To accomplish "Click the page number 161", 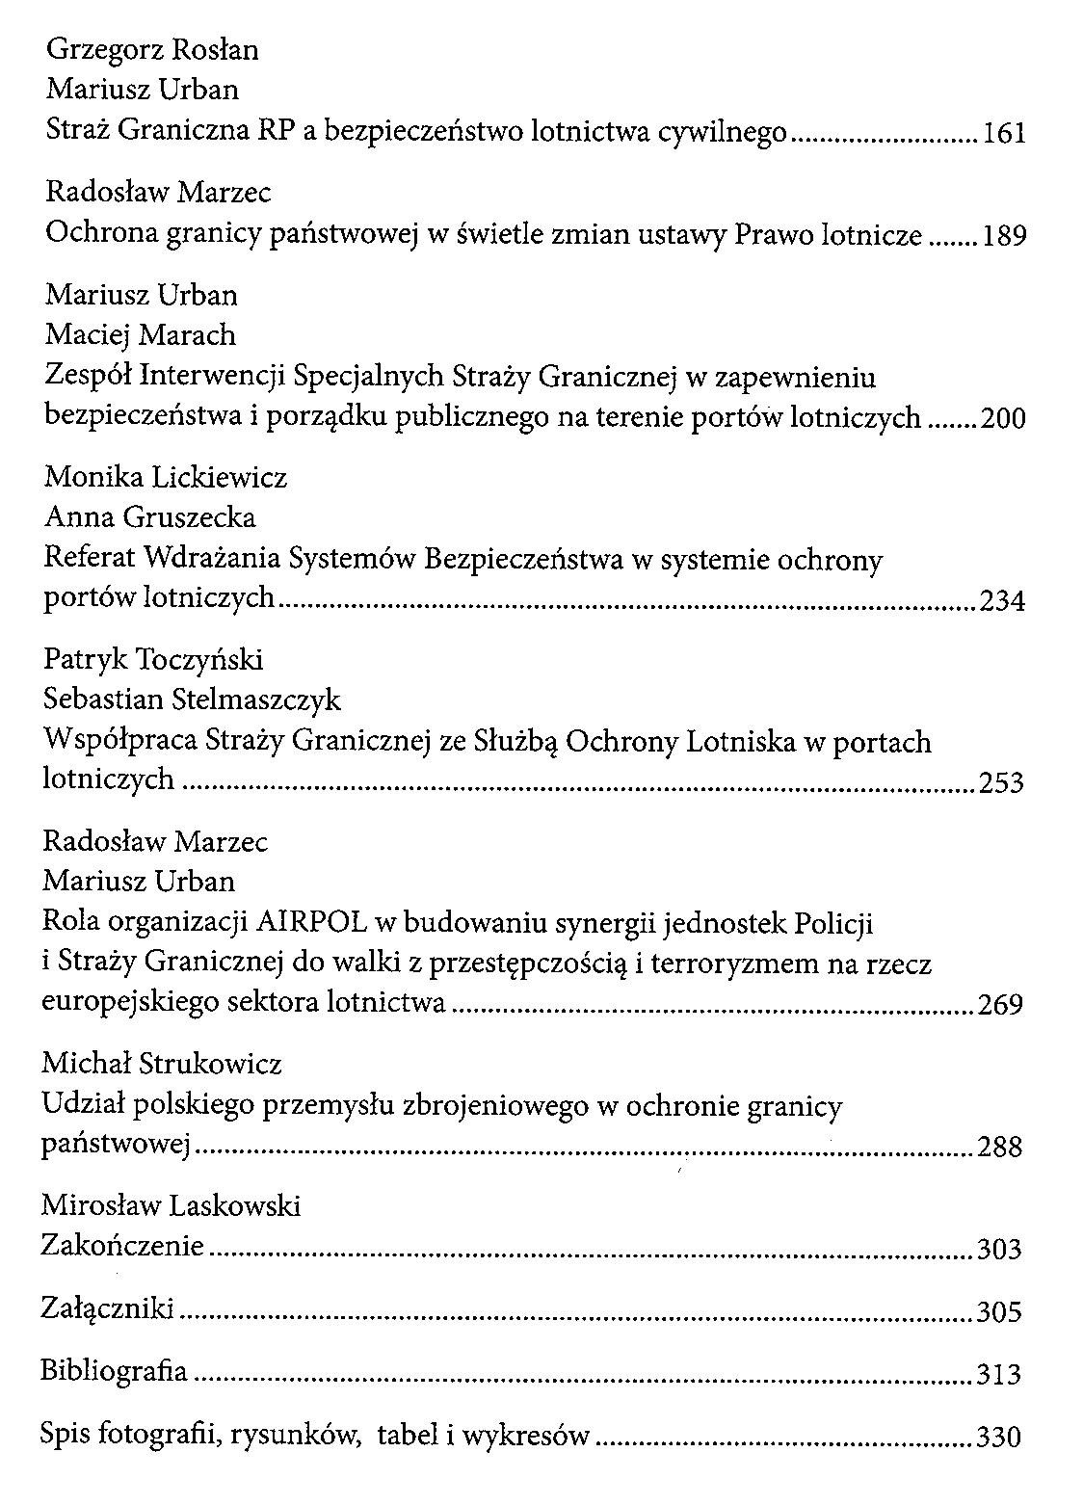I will click(1005, 133).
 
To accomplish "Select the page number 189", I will click(1005, 235).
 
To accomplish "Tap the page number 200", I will click(1004, 419).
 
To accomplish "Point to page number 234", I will click(1003, 602).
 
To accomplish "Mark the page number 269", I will click(1000, 1006).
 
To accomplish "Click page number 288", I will click(1000, 1148).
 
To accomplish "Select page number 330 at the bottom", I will click(998, 1438).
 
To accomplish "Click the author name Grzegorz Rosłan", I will click(152, 49).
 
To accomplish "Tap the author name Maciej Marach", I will click(141, 335).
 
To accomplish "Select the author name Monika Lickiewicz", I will click(166, 477).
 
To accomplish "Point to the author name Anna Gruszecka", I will click(150, 518).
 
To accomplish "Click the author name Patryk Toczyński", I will click(154, 660).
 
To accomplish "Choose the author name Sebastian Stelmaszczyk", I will click(193, 700).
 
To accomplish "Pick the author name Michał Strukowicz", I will click(162, 1065).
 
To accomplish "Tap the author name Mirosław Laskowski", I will click(172, 1205).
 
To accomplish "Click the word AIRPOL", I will click(312, 923).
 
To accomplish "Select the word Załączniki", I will click(107, 1308).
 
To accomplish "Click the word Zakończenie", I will click(122, 1246).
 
